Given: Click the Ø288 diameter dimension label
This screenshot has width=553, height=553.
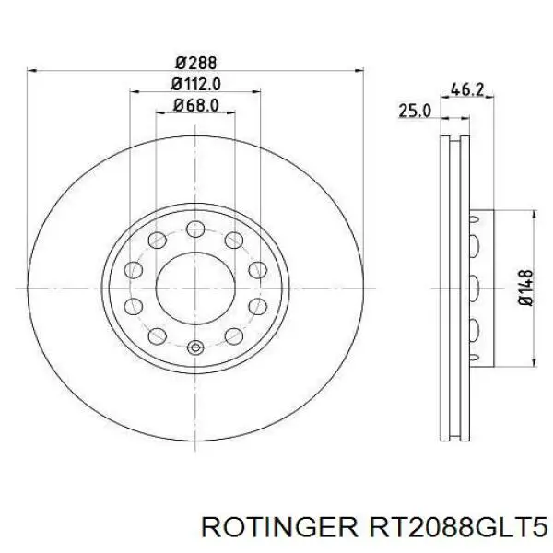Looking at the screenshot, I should click(194, 63).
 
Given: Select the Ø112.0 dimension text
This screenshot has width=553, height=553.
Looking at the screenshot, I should click(194, 84).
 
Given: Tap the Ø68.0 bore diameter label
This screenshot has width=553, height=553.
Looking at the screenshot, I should click(194, 105).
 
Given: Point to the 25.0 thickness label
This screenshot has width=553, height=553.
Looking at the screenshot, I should click(414, 112).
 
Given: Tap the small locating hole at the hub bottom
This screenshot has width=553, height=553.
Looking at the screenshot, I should click(194, 348).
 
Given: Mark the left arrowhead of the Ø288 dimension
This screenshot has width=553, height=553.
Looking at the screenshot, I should click(33, 71).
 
